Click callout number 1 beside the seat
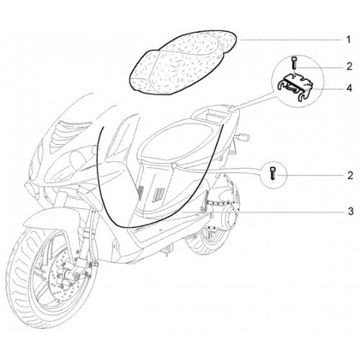tap(348, 40)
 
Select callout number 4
tap(349, 89)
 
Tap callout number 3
tap(351, 212)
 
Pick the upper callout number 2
tap(349, 67)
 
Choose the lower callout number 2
tap(350, 176)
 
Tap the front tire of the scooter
tap(23, 276)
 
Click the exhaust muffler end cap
tap(232, 217)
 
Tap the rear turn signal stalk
tap(243, 138)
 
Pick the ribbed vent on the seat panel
tap(159, 193)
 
